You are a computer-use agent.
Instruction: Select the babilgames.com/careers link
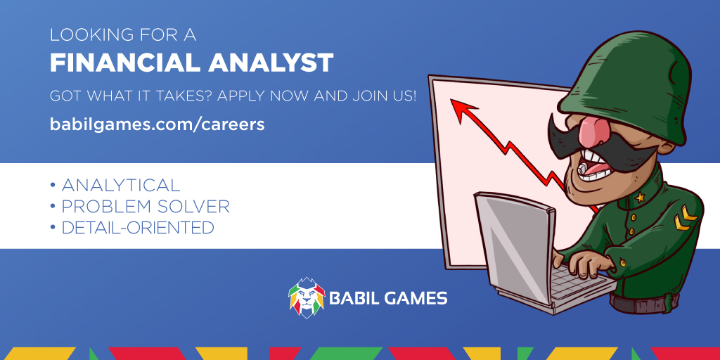(157, 124)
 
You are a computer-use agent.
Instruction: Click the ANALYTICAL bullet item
(120, 186)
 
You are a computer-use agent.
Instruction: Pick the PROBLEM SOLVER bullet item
(145, 207)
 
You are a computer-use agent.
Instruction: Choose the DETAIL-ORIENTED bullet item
(137, 228)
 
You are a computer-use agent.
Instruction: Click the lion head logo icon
(306, 297)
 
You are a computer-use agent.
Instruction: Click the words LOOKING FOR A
(122, 34)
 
